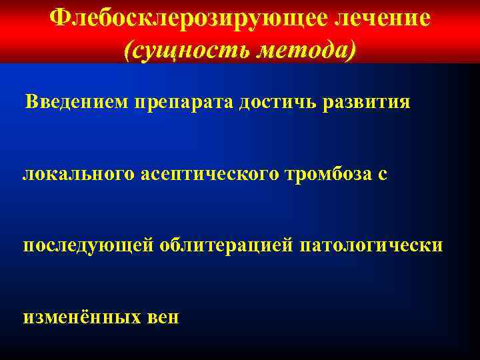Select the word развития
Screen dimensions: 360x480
coord(367,105)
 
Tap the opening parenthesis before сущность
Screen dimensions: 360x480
coord(128,50)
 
